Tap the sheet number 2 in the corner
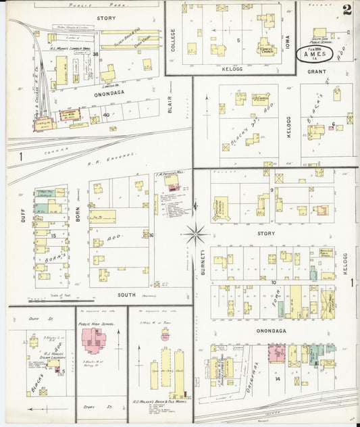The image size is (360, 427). (x=347, y=9)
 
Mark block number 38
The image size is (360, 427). (x=96, y=54)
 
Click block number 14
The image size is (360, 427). (x=277, y=378)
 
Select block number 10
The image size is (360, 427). (x=274, y=282)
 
